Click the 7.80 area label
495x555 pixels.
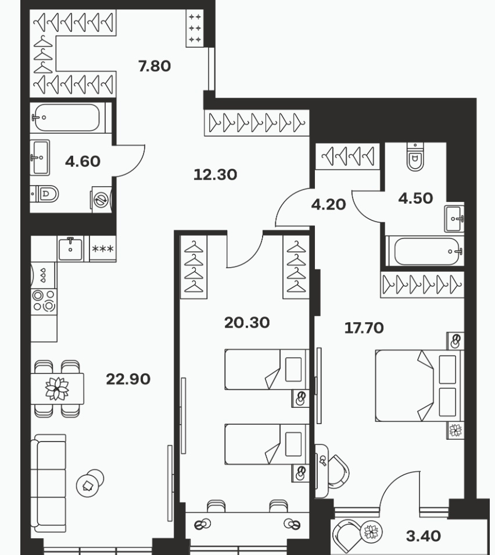click(155, 66)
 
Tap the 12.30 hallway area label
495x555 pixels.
click(216, 175)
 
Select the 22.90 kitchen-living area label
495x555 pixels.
click(128, 379)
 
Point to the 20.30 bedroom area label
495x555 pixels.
click(247, 322)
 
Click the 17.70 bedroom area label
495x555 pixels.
click(364, 328)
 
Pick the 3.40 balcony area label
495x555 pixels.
click(423, 536)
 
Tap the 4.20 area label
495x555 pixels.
click(328, 205)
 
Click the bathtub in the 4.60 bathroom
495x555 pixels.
click(67, 118)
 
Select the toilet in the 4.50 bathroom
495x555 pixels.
click(415, 158)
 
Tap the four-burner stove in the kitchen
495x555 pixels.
click(44, 301)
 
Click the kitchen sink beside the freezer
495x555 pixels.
click(71, 249)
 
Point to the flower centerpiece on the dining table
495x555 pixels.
click(57, 389)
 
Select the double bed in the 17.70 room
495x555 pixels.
click(419, 386)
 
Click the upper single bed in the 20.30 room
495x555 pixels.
click(267, 369)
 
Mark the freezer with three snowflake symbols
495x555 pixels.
click(102, 249)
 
